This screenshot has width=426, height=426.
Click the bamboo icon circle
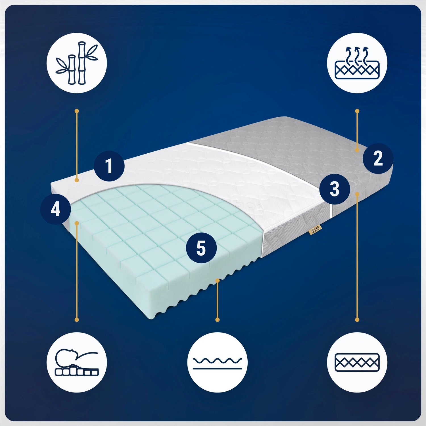point(77,63)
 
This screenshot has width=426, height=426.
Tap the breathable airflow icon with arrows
point(357,63)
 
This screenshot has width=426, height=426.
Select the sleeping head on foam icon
point(77,362)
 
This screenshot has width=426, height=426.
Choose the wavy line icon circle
point(217,362)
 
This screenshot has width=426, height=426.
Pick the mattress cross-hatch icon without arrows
point(357,362)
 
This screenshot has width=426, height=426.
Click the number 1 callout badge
point(109,166)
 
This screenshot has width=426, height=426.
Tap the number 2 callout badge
point(378,158)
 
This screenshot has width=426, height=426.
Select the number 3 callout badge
point(335,189)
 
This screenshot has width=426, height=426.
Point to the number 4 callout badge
point(55,209)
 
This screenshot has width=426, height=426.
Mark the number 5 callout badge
point(201,248)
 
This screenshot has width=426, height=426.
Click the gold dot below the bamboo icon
point(77,111)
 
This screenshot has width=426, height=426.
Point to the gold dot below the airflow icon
point(357,111)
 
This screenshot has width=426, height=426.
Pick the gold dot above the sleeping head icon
point(77,320)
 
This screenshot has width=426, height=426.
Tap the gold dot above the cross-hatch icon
point(357,320)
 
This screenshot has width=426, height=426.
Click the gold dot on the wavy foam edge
point(218,281)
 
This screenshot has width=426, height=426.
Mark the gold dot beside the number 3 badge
point(357,194)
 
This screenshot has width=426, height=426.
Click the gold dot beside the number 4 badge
point(77,223)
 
